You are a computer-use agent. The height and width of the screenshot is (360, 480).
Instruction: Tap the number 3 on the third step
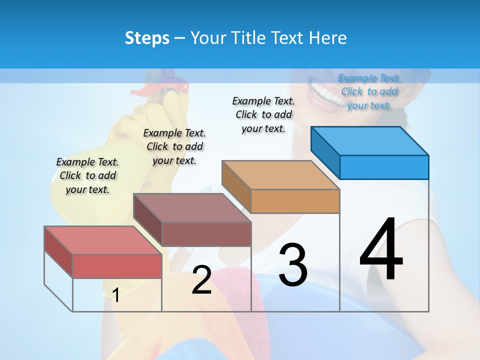point(293,265)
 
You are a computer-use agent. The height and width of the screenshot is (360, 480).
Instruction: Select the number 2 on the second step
point(201,280)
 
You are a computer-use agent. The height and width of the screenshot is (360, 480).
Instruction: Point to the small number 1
point(115,295)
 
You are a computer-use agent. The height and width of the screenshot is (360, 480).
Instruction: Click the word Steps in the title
point(147,38)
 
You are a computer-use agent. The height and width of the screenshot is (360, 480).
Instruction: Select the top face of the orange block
point(280,174)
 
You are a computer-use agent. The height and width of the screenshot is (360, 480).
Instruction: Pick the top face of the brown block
point(192,207)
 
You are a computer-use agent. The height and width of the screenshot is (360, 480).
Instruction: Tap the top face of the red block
point(102,240)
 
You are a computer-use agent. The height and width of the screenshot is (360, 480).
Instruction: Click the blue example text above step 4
point(369,91)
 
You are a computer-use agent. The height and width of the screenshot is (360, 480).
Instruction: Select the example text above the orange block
point(263,114)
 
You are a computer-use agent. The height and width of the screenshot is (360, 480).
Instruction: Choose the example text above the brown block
point(174,146)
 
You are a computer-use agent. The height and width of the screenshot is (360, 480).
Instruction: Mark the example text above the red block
point(87,175)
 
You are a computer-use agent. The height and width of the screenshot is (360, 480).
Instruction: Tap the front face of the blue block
point(384,167)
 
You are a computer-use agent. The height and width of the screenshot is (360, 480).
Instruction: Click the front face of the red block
point(117,266)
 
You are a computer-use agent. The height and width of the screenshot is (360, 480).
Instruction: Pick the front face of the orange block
point(295,201)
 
